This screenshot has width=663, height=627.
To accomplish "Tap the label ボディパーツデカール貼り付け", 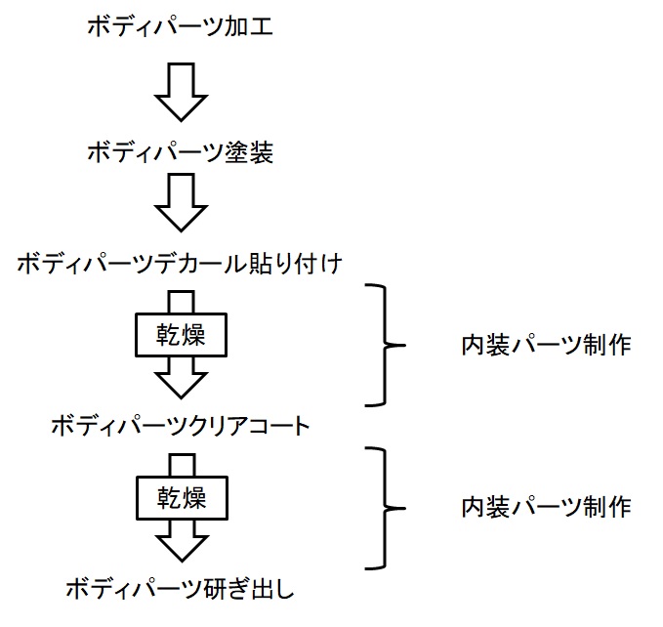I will [x=181, y=264].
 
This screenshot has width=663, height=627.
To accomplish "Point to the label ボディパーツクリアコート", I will [x=181, y=427].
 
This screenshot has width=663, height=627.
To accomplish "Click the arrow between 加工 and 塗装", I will [x=181, y=90].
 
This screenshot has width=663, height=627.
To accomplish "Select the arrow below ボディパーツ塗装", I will [x=181, y=203].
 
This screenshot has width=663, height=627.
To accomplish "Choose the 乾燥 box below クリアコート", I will [x=181, y=499].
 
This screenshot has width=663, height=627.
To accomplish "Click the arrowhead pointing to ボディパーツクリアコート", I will [x=181, y=380].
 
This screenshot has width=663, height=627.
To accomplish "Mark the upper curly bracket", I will [x=384, y=345].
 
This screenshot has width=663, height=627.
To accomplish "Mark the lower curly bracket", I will [x=384, y=507].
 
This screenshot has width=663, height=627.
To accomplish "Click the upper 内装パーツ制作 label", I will [x=545, y=346].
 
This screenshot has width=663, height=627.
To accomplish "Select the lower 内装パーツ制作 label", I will [x=545, y=507].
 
